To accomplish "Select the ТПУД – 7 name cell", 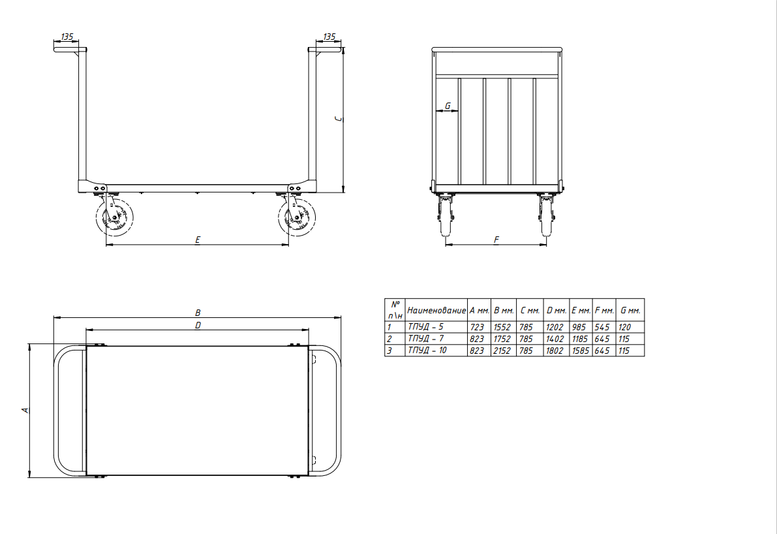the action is (x=425, y=339).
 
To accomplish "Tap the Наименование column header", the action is (x=436, y=310).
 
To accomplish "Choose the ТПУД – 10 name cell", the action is (x=427, y=351).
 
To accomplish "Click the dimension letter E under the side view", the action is (x=198, y=240).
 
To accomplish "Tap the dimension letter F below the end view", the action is (x=496, y=240).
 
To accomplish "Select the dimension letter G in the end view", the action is (x=448, y=106).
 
